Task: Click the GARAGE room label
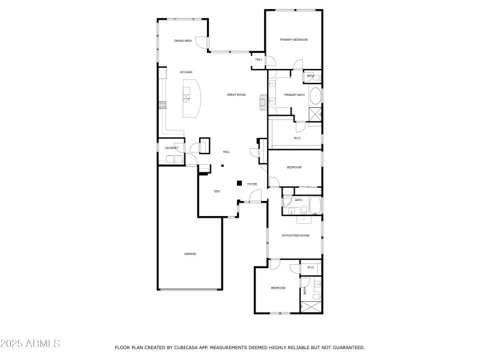point(190,254)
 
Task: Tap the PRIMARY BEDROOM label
point(294,40)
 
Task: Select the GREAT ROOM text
point(236,95)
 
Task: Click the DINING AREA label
point(183,41)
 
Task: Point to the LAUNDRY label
point(172,148)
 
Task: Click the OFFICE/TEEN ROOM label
point(296,236)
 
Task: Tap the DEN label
point(217,191)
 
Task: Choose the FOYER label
point(252,184)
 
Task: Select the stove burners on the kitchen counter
point(162,105)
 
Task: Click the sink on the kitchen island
point(187,97)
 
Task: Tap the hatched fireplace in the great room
point(262,101)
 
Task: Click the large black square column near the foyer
point(239,183)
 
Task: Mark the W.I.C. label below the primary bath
point(297,138)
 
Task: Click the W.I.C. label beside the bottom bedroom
point(310,268)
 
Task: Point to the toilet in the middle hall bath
point(304,210)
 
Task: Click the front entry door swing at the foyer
point(254,196)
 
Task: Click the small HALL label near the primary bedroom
point(259,59)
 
